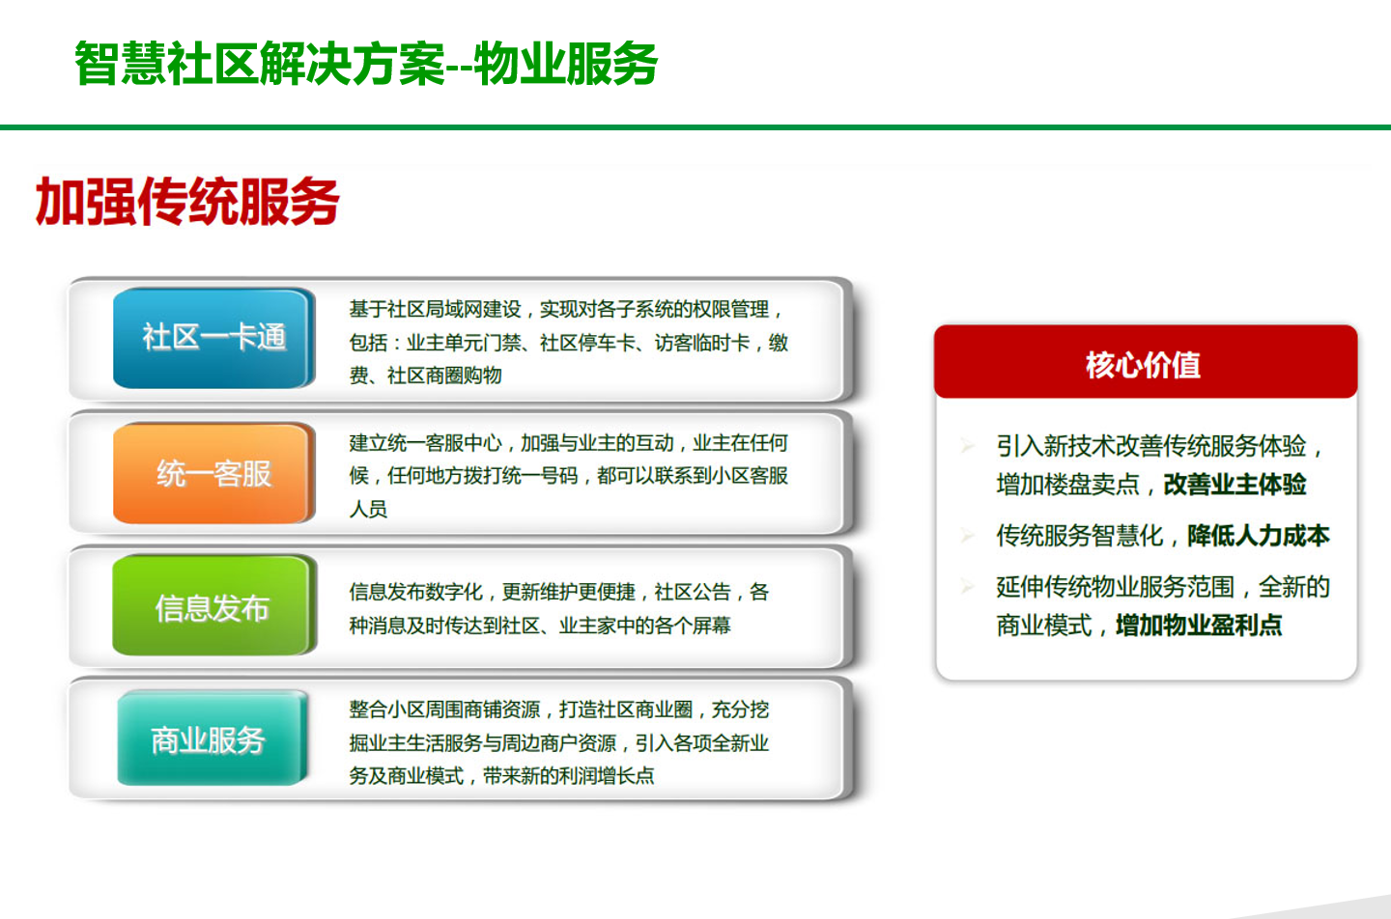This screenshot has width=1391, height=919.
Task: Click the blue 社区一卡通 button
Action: click(x=213, y=338)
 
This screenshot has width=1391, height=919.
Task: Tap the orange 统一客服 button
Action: click(x=213, y=473)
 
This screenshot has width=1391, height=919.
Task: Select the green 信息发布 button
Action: click(x=213, y=605)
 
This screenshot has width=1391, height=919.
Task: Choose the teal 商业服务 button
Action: click(x=212, y=738)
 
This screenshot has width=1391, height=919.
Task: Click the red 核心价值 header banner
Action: click(x=1146, y=362)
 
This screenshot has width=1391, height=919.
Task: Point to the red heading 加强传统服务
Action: click(x=187, y=201)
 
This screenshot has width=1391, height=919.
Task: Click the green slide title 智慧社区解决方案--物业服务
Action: click(x=366, y=64)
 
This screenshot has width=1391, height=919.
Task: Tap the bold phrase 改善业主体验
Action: click(x=1235, y=485)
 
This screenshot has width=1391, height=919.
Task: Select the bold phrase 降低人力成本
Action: click(x=1258, y=536)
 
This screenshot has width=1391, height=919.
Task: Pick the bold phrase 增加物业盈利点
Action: click(x=1199, y=625)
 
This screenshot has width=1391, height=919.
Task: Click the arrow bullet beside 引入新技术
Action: click(x=967, y=445)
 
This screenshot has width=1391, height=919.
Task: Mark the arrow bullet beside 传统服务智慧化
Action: click(x=967, y=534)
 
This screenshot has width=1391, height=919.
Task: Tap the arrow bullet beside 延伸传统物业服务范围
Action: click(x=967, y=586)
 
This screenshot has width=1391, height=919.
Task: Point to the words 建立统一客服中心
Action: click(x=425, y=443)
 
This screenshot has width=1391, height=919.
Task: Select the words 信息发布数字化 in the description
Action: click(x=415, y=592)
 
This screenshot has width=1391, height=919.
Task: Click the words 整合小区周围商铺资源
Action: click(x=444, y=710)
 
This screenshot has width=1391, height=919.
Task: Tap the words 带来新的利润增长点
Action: click(x=569, y=776)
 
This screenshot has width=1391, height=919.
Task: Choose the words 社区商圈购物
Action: click(x=444, y=376)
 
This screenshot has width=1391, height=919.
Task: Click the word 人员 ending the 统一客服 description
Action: click(x=368, y=510)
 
